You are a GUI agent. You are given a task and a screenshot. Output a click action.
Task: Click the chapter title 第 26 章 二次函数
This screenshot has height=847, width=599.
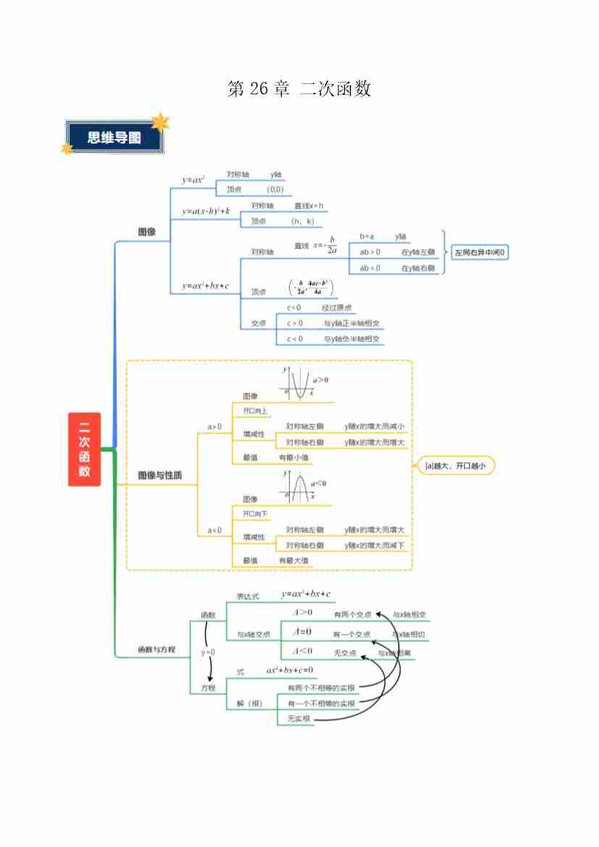(x=299, y=89)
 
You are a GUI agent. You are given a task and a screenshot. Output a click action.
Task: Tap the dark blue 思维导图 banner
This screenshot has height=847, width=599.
(x=114, y=138)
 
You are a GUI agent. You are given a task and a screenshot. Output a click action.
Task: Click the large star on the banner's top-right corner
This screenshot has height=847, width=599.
(x=159, y=122)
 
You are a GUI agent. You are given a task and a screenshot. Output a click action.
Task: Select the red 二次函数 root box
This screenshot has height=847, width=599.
(x=85, y=449)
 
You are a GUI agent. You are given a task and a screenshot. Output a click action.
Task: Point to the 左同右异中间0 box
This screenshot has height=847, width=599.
(x=480, y=253)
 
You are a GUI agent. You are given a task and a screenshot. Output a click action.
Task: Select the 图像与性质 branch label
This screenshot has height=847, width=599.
(x=159, y=476)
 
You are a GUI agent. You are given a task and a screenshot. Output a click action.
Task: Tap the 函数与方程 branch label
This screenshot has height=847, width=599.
(x=156, y=650)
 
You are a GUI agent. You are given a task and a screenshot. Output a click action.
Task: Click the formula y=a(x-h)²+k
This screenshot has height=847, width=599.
(x=206, y=211)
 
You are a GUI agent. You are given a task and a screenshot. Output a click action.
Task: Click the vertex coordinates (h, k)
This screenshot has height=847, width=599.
(x=302, y=222)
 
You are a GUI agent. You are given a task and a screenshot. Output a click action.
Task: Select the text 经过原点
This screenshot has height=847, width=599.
(x=337, y=308)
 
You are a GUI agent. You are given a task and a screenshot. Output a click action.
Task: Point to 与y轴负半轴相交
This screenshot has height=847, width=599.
(x=353, y=339)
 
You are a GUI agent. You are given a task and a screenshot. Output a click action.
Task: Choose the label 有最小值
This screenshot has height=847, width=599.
(x=295, y=458)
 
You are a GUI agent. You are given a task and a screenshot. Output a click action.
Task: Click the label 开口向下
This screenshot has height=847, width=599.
(x=255, y=514)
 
